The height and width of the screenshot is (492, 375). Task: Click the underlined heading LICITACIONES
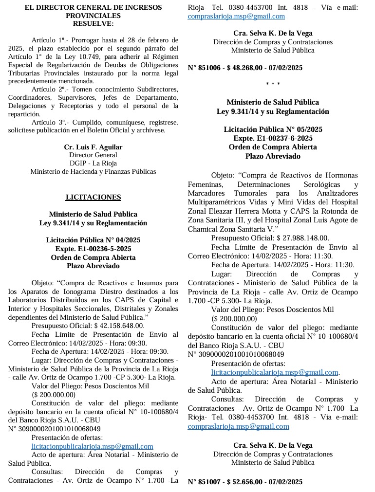93,197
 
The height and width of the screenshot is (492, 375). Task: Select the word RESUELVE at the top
93,23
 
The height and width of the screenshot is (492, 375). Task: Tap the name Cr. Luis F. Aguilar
93,147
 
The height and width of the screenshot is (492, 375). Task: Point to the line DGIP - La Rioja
93,163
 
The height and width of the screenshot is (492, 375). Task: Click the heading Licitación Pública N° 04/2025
93,240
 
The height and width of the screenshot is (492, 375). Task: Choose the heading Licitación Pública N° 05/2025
273,130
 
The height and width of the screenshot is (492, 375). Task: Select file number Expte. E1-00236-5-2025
93,249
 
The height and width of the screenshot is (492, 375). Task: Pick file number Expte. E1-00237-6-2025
273,138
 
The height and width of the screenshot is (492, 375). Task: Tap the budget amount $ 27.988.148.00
300,238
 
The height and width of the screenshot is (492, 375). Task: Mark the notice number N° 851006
205,68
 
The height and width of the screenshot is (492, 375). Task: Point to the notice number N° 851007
205,482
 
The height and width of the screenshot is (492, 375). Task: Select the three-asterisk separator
273,85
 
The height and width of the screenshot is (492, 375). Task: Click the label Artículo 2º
48,90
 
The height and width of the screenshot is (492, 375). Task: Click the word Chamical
204,228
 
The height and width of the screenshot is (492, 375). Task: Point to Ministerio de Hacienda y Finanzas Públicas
93,171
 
